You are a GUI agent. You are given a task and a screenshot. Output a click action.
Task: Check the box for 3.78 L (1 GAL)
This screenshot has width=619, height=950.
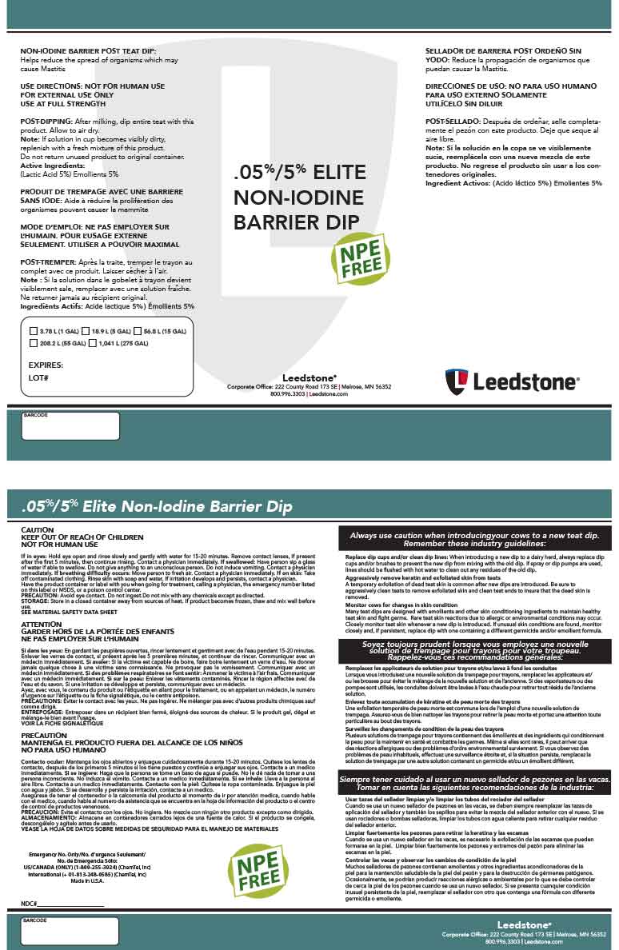tap(33, 330)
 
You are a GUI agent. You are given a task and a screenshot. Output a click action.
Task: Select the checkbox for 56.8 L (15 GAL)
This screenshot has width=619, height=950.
tap(137, 330)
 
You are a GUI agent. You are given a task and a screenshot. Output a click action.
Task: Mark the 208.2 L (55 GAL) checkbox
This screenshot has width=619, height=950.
tap(33, 343)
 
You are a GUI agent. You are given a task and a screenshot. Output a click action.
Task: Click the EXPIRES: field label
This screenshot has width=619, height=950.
tap(46, 364)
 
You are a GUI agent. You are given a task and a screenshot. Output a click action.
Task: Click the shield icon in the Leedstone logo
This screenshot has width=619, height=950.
tap(457, 381)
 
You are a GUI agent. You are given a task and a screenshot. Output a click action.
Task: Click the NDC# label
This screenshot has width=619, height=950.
tap(30, 903)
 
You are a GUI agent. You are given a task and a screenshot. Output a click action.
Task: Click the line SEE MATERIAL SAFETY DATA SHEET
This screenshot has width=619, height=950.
tap(70, 612)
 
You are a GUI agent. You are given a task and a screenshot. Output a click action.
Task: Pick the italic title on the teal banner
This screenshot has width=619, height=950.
tap(158, 506)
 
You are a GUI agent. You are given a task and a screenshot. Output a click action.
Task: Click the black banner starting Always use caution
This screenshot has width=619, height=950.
tap(475, 538)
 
